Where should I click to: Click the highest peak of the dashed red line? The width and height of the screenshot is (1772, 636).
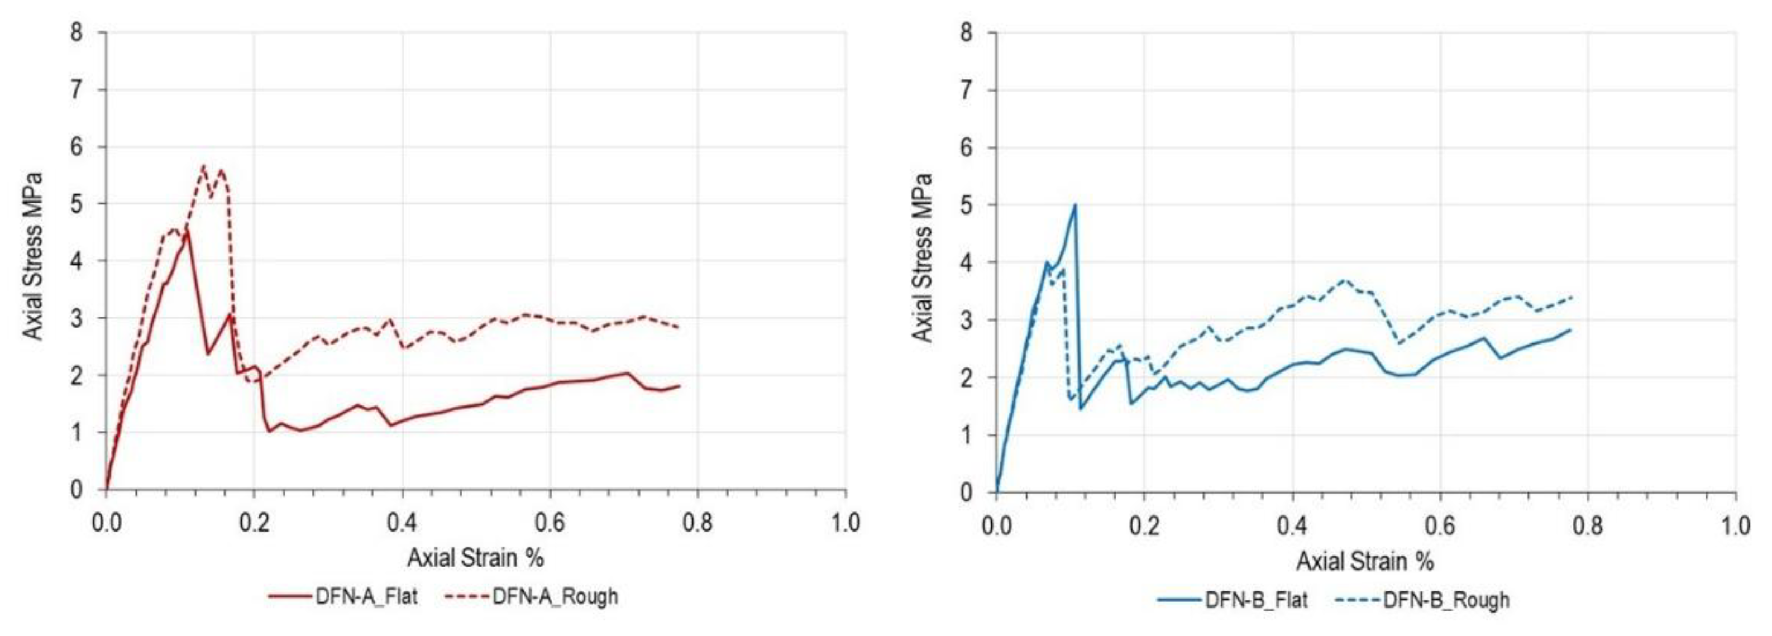point(203,166)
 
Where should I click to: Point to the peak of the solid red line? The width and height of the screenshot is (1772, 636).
point(187,232)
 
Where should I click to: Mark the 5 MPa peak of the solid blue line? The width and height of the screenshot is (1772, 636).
point(1074,204)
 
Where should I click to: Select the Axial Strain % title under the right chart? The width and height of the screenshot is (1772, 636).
point(1365,562)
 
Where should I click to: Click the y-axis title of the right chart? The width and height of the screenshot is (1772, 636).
point(922,258)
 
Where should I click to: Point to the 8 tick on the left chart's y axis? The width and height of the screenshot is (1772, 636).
point(77,32)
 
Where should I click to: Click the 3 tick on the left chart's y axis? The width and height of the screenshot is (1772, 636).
point(77,318)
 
